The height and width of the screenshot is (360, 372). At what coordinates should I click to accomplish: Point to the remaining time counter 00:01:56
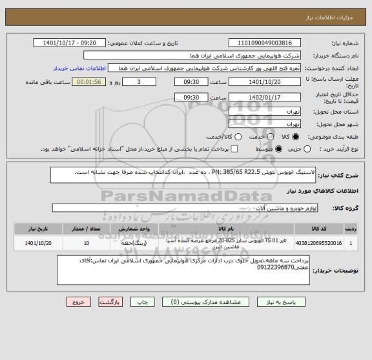tap(87, 82)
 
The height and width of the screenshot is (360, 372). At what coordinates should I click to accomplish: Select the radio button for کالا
tap(296, 137)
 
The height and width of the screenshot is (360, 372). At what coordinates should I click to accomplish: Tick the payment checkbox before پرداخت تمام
tap(234, 149)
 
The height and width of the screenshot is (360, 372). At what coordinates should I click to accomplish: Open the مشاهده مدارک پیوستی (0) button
tap(187, 302)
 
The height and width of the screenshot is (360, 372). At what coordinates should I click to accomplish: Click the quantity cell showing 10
tap(87, 244)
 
